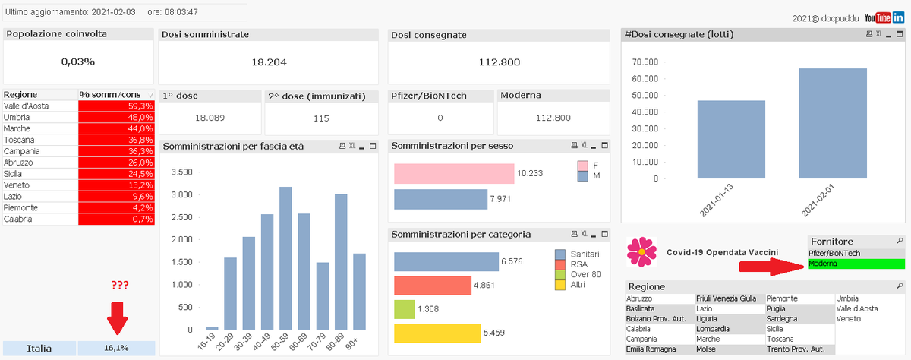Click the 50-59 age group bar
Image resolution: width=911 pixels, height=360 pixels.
(285, 258)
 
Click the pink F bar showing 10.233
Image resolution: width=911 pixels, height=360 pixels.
(453, 173)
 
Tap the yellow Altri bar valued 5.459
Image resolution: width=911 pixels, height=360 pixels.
(437, 333)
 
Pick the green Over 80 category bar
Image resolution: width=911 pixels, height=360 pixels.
(404, 309)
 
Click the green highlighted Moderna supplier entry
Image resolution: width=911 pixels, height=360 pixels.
(856, 264)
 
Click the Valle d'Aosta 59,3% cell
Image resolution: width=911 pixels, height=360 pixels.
(116, 106)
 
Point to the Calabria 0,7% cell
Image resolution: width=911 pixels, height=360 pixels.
(116, 219)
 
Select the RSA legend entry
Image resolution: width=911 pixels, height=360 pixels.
(579, 264)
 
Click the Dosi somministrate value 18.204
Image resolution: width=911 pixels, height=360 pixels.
(269, 62)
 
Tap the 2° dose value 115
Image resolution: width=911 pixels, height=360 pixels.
(321, 118)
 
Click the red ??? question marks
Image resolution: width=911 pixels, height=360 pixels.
(118, 286)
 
